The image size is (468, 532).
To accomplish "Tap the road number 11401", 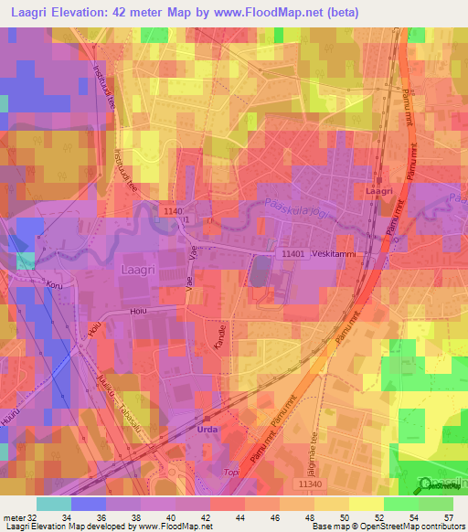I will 292,253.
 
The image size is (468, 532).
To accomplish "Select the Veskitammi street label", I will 334,253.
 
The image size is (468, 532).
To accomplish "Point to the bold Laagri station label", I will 378,193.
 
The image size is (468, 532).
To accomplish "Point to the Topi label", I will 232,473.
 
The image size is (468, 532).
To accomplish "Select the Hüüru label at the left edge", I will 9,415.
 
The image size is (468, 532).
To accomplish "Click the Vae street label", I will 192,263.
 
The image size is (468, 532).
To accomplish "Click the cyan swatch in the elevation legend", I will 54,503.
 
